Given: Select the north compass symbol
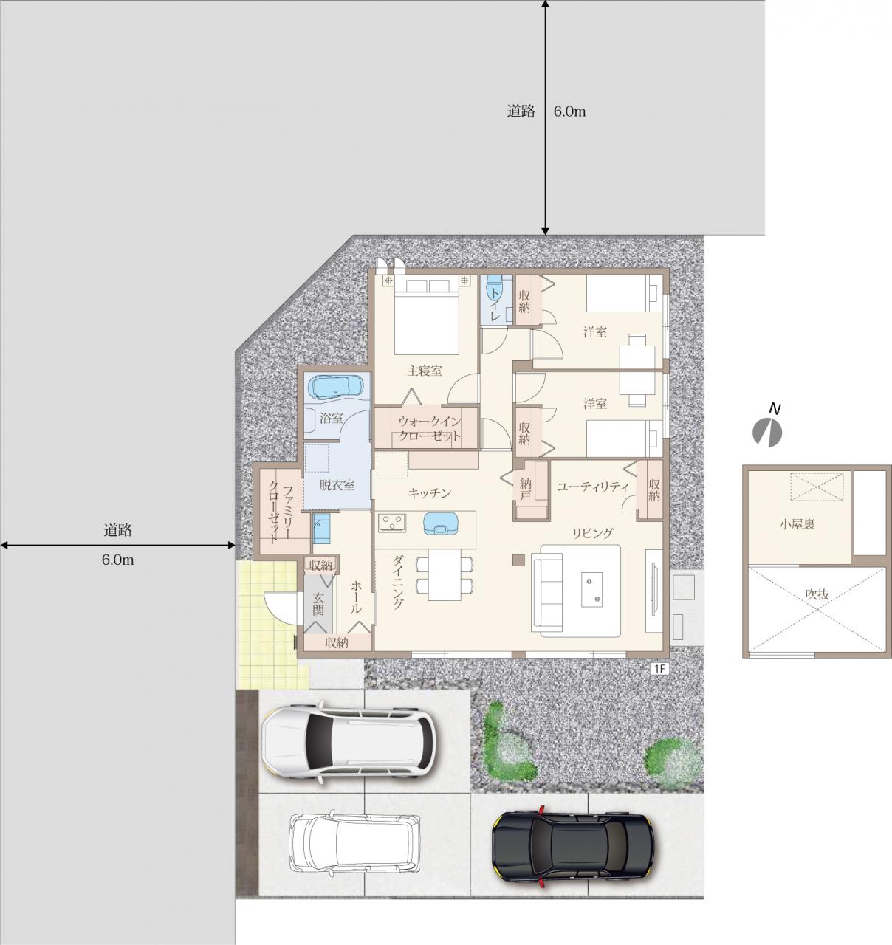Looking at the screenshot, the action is click(x=766, y=431).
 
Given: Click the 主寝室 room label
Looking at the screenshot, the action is click(x=425, y=371).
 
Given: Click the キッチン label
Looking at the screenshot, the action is click(x=429, y=493).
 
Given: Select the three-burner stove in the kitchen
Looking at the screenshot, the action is click(x=392, y=523).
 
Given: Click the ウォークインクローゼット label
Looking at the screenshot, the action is click(x=429, y=428).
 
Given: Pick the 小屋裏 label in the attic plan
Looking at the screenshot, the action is click(x=797, y=524).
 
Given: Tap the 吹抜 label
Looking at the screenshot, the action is click(x=817, y=594).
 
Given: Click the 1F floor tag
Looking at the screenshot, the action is click(x=659, y=669).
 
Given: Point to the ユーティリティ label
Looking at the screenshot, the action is click(x=593, y=487).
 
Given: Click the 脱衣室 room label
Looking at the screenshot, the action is click(x=337, y=485).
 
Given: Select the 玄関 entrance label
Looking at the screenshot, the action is click(x=318, y=604).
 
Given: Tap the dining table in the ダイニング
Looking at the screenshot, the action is click(x=445, y=574).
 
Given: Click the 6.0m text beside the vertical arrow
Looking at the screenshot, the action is click(x=570, y=111).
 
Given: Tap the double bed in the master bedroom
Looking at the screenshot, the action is click(x=427, y=317).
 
